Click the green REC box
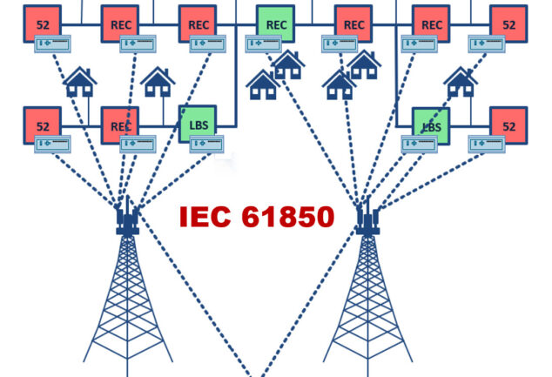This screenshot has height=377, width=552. (276, 24)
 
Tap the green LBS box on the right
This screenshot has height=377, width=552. (431, 125)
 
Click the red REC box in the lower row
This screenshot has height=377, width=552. (120, 125)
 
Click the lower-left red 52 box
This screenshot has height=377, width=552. (43, 125)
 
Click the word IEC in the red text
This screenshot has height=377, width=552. (207, 217)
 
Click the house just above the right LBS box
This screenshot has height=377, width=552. (459, 82)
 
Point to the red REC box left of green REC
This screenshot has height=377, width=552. (198, 24)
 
